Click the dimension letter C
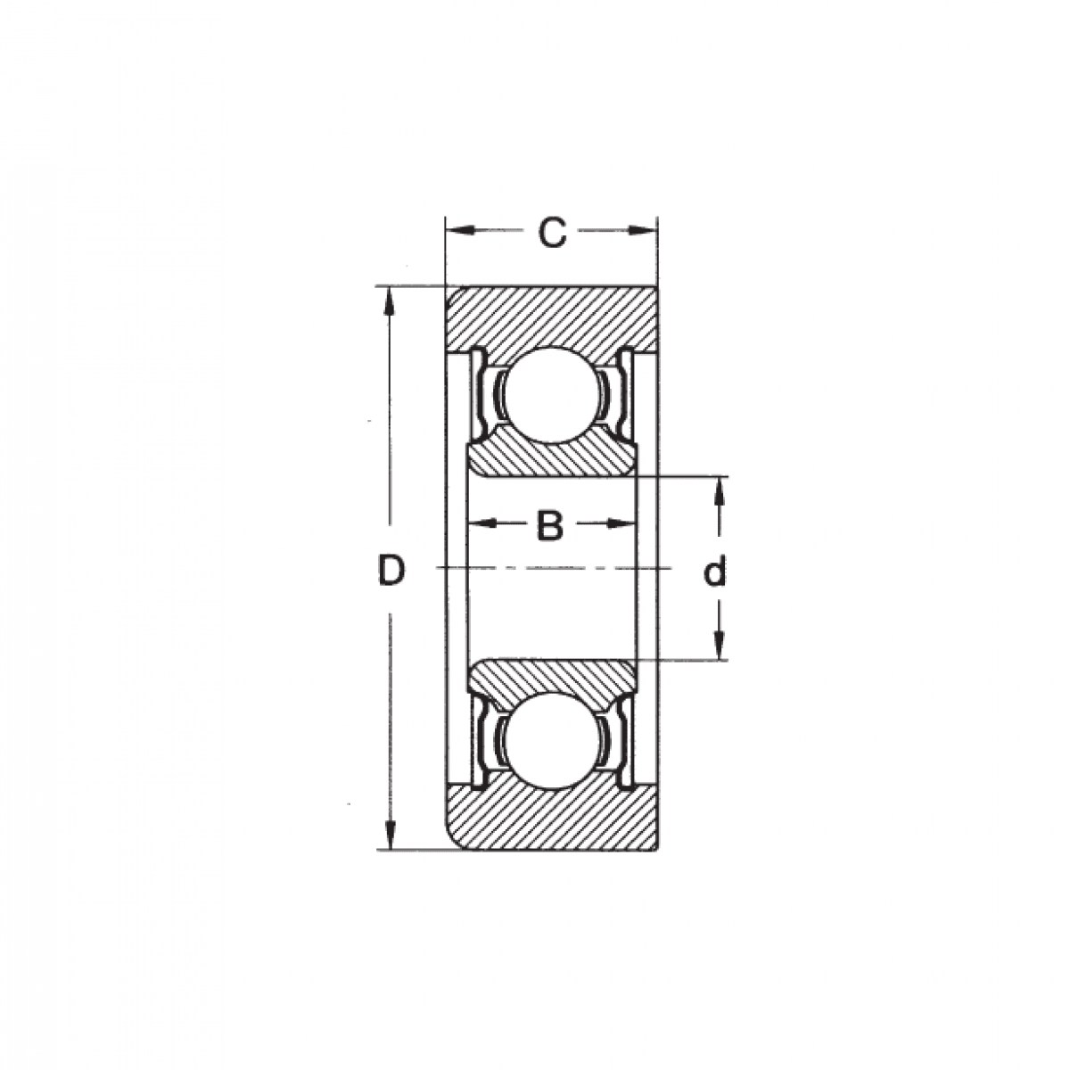pos(553,233)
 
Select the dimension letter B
pos(550,525)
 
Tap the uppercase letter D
pos(391,571)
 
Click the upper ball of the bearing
pos(551,395)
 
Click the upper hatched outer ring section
pos(551,319)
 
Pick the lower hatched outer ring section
pos(551,816)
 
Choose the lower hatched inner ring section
pos(551,678)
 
